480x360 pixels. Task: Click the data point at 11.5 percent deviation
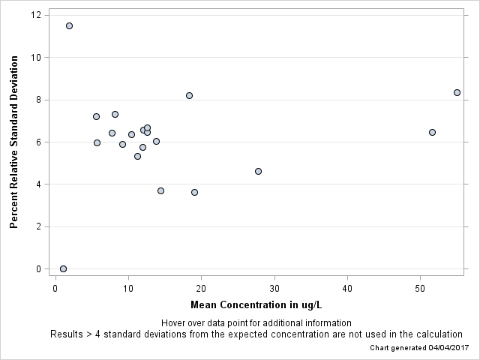point(69,25)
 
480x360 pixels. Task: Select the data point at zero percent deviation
point(63,268)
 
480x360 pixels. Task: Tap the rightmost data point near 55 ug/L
point(457,92)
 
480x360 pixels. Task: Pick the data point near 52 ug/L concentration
point(432,132)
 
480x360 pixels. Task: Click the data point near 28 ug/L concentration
point(258,171)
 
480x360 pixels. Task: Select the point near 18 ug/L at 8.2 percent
point(189,95)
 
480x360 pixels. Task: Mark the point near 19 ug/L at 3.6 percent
point(194,192)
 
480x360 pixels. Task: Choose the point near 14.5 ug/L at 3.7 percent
point(160,190)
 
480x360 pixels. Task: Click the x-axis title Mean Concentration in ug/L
point(256,305)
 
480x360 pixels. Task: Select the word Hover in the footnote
point(174,322)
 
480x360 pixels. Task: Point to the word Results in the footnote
point(67,334)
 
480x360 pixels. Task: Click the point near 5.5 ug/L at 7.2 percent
point(96,116)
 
